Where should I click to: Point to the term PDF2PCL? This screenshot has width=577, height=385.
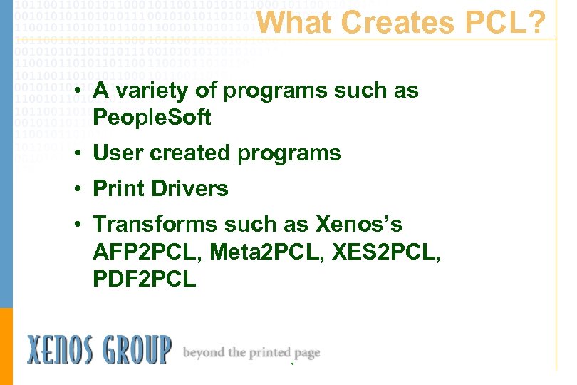click(x=144, y=279)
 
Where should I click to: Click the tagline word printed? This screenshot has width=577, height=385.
click(x=270, y=352)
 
